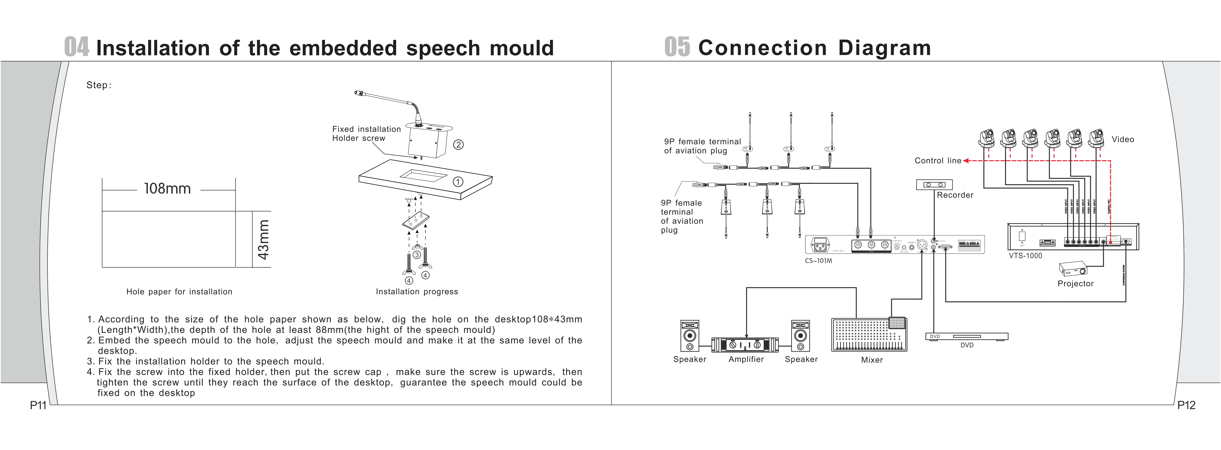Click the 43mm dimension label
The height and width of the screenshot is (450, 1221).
(263, 239)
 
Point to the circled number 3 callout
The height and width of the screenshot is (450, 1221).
(417, 255)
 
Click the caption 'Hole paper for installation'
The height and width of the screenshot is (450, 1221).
(179, 292)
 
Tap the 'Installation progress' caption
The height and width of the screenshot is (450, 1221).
(417, 292)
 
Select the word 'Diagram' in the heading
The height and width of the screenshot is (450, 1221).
(885, 48)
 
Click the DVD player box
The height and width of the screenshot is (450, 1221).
(966, 337)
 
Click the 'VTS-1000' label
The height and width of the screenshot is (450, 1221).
(1025, 256)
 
